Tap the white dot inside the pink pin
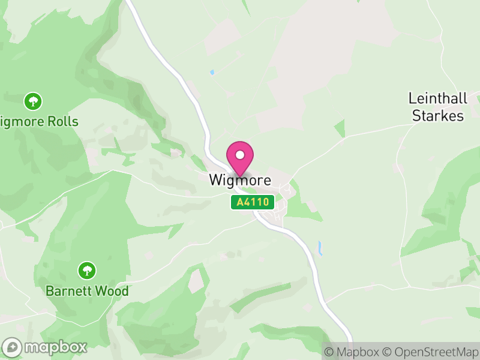240,155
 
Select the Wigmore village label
240,180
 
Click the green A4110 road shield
253,203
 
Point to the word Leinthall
437,98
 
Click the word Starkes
438,116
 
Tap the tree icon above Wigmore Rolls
33,101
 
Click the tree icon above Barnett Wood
88,270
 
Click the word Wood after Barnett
113,291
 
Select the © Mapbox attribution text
352,351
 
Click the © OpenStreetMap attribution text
431,351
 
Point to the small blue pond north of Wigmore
212,73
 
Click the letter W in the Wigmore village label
216,180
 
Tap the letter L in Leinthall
412,98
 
